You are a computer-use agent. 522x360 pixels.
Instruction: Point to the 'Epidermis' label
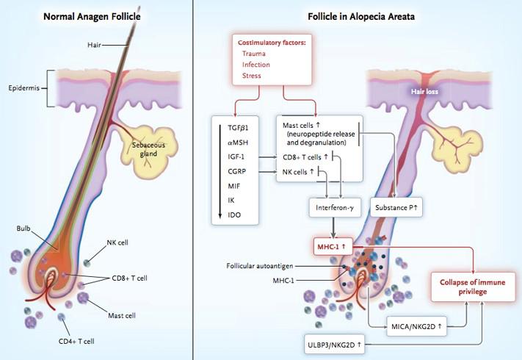click(x=22, y=88)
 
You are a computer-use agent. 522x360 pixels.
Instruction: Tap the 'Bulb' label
click(x=23, y=228)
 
